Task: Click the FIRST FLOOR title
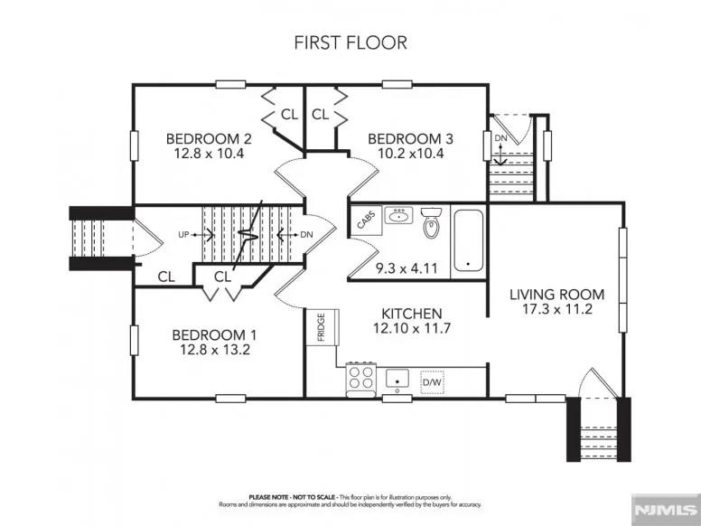pos(350,42)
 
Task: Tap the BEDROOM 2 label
pos(209,139)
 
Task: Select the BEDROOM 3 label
pos(410,139)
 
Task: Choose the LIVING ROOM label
pos(556,295)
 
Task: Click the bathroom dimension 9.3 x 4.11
pos(407,268)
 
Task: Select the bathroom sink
pos(398,216)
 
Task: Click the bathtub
pos(468,240)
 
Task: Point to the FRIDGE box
pos(322,326)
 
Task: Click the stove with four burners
pos(362,380)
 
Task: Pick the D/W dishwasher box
pos(433,382)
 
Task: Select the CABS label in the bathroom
pos(365,221)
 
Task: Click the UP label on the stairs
pos(183,235)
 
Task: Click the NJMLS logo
pos(666,510)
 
